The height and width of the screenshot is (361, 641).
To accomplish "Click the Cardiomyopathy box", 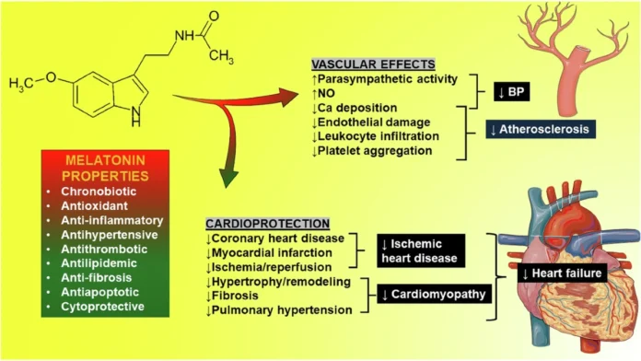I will coord(434,295).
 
